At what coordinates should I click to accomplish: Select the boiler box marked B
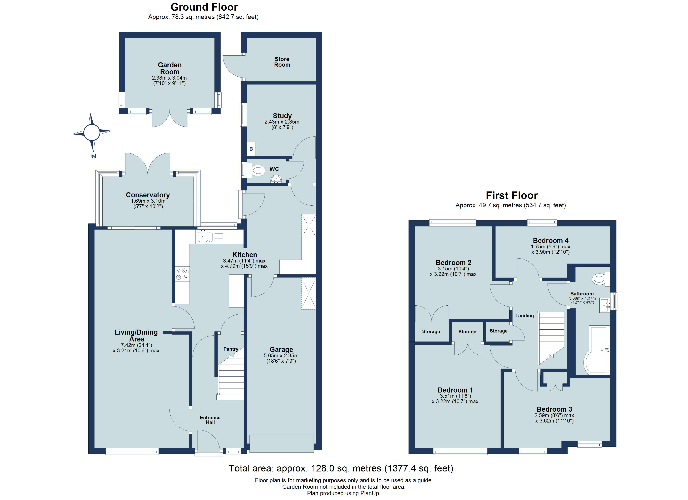pos(251,149)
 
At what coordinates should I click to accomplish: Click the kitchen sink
pos(203,236)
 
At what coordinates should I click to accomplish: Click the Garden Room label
pos(169,68)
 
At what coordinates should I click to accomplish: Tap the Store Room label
pos(282,62)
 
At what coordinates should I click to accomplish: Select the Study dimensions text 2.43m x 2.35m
pos(282,122)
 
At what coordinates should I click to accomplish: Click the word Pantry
pos(231,349)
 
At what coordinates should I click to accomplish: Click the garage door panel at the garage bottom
pos(281,443)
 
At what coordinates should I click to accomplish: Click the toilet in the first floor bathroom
pos(600,279)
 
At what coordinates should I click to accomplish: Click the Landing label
pos(525,316)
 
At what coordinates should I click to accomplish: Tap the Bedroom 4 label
pos(551,240)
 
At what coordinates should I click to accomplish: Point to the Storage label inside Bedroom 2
pos(431,331)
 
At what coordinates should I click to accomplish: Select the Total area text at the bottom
pos(341,469)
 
